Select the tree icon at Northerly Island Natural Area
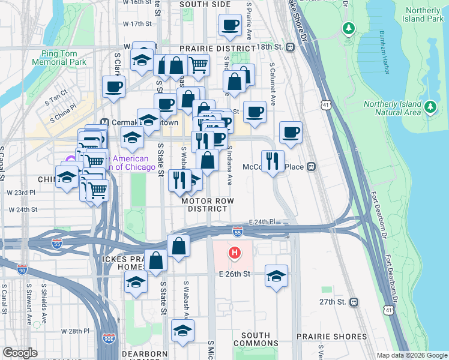[430, 107]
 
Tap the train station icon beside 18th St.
[290, 47]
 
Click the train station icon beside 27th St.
[354, 302]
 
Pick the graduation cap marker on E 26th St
[276, 276]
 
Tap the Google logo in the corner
[20, 352]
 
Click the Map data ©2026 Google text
[411, 355]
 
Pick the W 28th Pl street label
[75, 331]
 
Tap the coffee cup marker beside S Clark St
[113, 87]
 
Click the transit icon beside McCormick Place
[312, 167]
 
